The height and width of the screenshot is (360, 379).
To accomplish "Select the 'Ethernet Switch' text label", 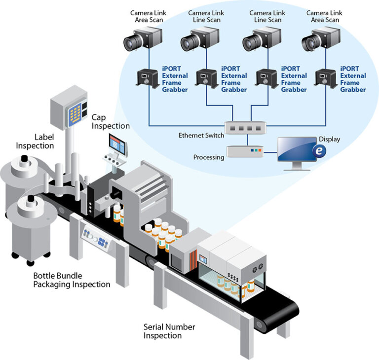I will tap(201, 135).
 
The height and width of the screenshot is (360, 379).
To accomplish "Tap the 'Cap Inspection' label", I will tap(111, 122).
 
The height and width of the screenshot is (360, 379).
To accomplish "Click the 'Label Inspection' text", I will tap(35, 141).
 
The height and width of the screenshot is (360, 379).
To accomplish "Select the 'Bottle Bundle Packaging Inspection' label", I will tap(72, 280).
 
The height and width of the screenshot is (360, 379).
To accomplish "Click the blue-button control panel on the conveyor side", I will tap(97, 237).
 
